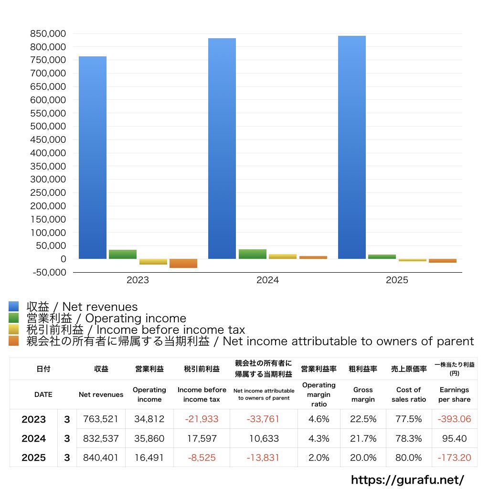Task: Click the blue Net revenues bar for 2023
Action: [93, 158]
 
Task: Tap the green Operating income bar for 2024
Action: [252, 254]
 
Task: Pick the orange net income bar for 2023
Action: [183, 263]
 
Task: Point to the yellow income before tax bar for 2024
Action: [283, 256]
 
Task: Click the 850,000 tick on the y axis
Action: [48, 34]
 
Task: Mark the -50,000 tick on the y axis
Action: [48, 272]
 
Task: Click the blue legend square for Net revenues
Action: [13, 307]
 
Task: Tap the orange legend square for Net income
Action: [13, 341]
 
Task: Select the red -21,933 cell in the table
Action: [202, 419]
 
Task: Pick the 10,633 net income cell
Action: [263, 438]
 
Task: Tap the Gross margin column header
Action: [363, 394]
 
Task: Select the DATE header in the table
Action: [43, 394]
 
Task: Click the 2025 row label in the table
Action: [33, 457]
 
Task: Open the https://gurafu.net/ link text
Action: [407, 479]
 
